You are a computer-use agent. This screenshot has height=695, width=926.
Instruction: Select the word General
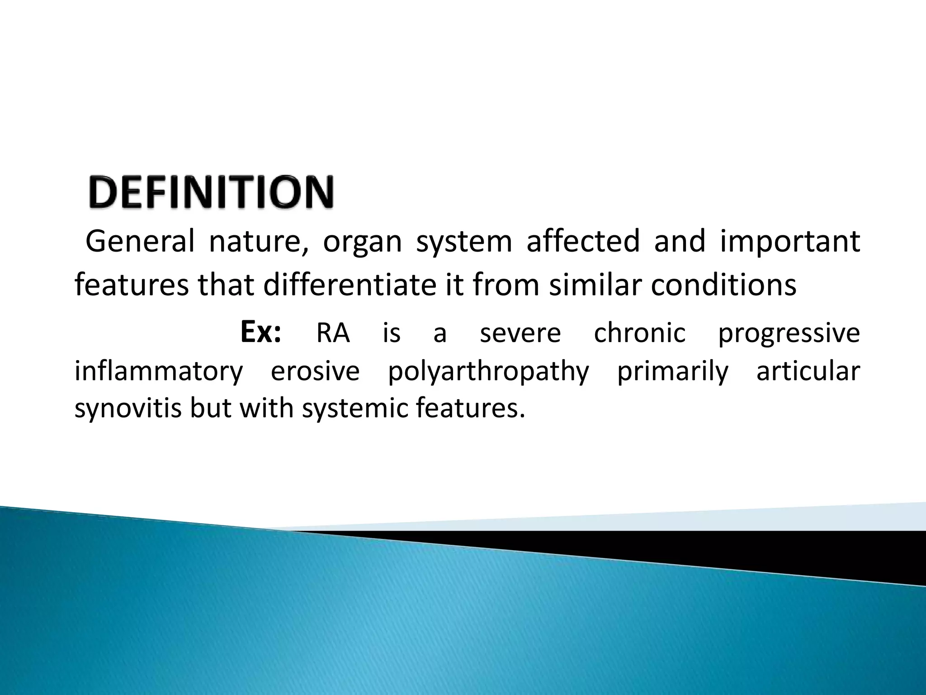coord(140,241)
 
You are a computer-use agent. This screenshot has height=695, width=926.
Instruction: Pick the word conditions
coord(723,286)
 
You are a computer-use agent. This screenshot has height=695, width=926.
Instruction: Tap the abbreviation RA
coord(333,333)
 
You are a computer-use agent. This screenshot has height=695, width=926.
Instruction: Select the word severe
coord(520,333)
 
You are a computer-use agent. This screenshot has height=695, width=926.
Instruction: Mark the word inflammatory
coord(159,372)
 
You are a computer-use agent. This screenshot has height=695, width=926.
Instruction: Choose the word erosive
coord(315,371)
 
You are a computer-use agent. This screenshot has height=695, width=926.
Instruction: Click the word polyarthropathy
coord(488,372)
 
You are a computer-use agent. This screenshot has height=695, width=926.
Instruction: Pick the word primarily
coord(673,372)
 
